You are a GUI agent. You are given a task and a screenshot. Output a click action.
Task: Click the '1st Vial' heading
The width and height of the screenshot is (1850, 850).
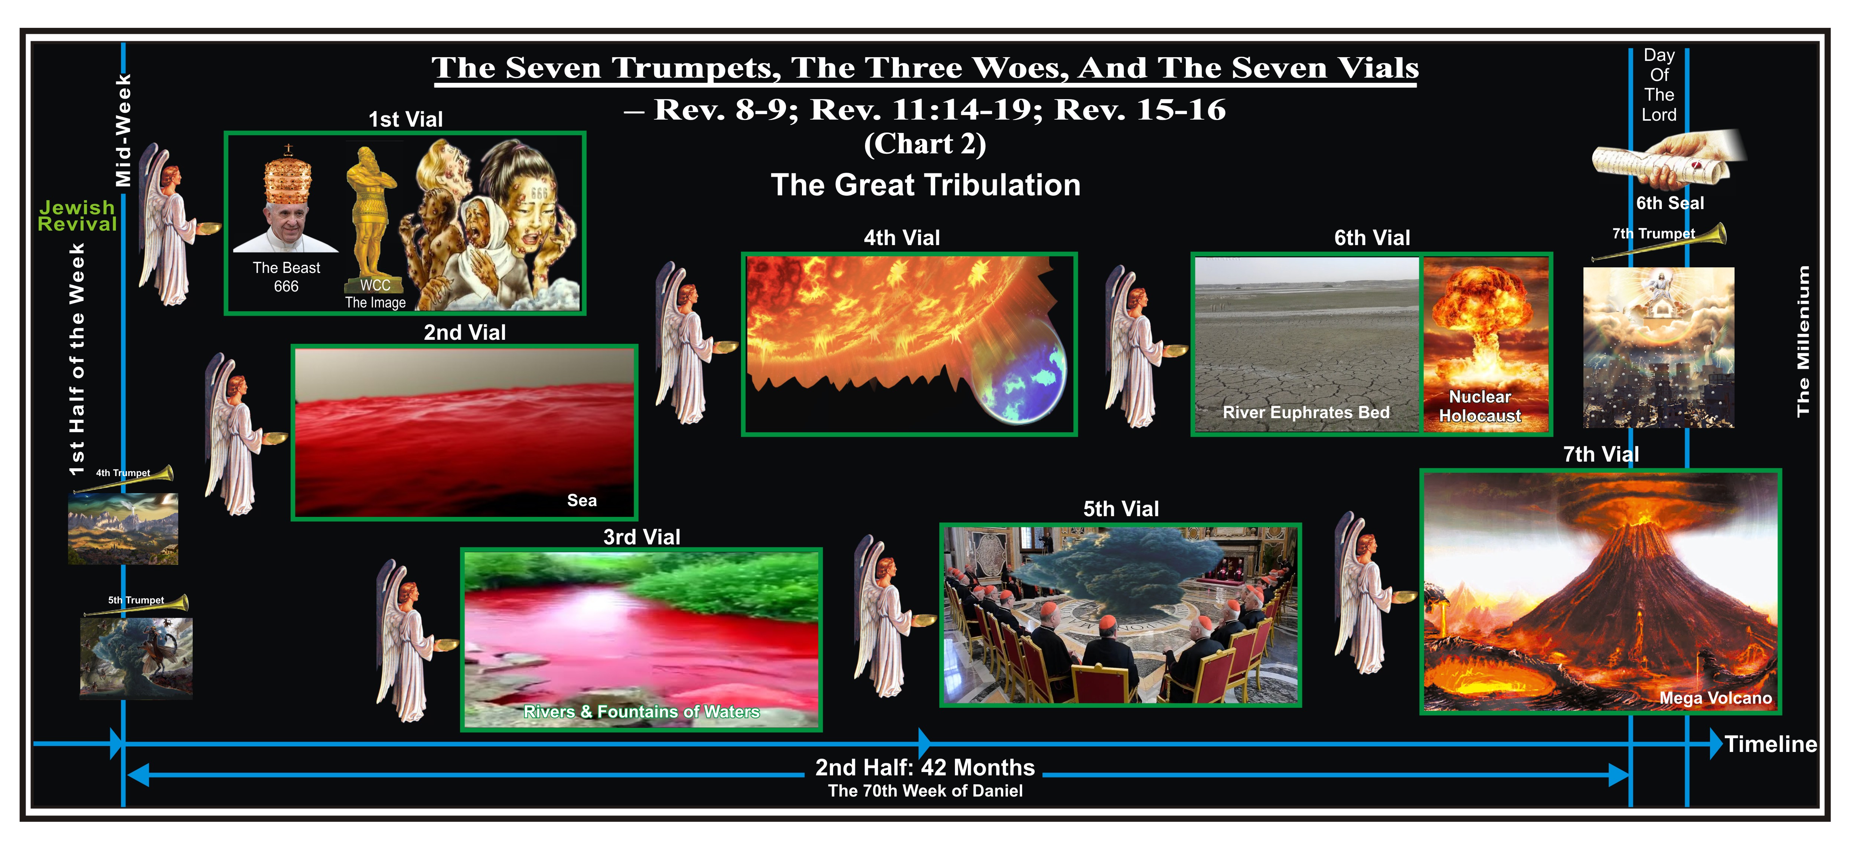pos(406,119)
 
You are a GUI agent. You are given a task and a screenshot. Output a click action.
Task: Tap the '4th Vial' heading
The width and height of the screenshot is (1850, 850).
pos(902,238)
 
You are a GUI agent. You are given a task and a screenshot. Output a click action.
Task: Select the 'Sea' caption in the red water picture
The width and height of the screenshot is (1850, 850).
pos(582,500)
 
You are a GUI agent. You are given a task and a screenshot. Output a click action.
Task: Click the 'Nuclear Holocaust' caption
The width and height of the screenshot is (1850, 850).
pos(1480,406)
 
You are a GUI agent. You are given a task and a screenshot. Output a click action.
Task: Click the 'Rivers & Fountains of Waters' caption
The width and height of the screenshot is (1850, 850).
pos(641,711)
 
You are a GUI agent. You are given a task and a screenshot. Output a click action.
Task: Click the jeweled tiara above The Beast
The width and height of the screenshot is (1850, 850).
pos(288,176)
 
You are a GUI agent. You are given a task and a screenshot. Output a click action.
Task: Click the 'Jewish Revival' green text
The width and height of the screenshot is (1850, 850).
pos(77,215)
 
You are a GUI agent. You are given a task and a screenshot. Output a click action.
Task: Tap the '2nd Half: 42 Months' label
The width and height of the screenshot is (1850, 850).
pos(925,767)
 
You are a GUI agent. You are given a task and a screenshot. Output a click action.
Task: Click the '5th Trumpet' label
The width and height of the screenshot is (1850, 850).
pos(136,600)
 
